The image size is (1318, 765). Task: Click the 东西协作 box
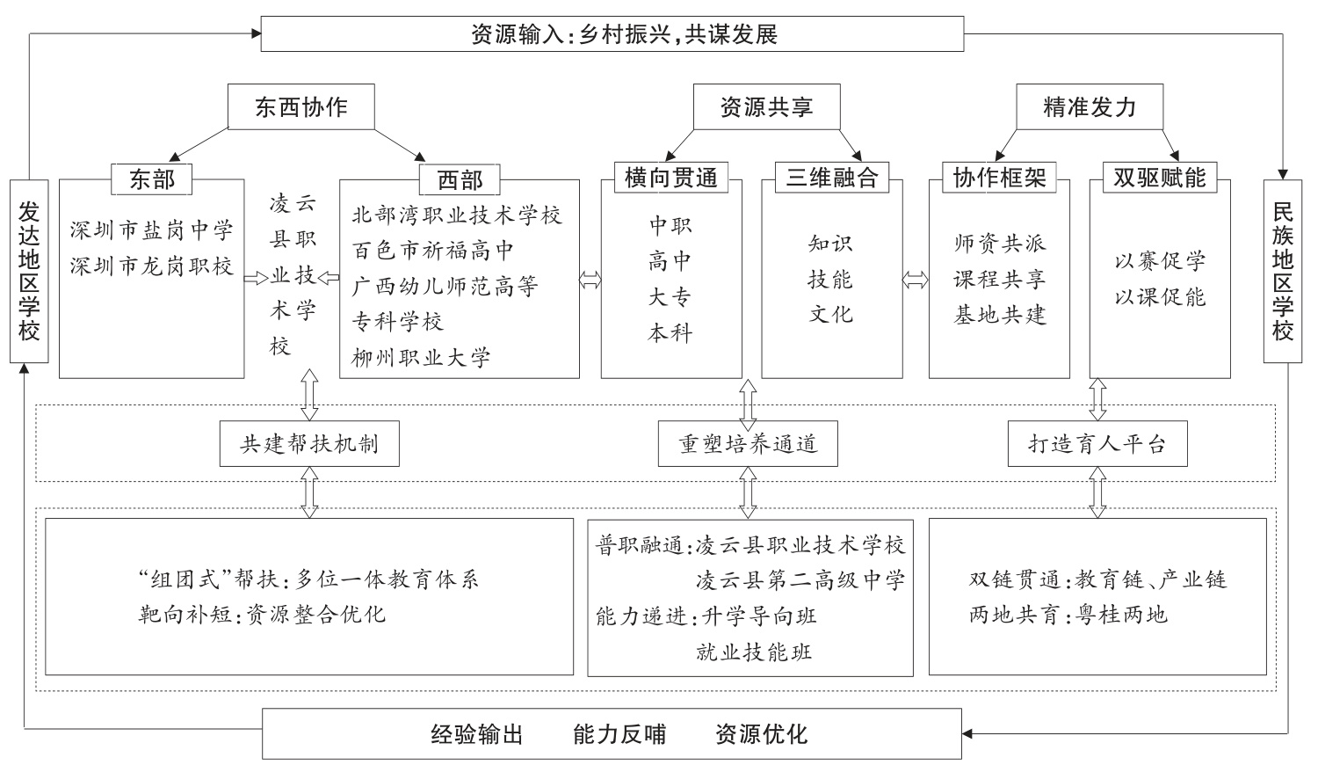(301, 107)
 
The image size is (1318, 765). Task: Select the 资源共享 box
(766, 107)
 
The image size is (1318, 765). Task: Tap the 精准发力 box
(1090, 107)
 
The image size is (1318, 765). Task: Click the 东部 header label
(152, 179)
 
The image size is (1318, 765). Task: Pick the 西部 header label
(460, 180)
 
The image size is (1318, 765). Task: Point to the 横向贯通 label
(671, 178)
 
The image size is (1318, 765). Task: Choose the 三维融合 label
(831, 178)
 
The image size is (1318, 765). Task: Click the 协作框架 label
(1000, 178)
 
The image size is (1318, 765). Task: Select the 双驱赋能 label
(1160, 178)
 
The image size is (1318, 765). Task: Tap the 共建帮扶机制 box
(310, 444)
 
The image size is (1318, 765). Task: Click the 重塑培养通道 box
(748, 444)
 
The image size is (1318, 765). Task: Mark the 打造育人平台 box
(1097, 444)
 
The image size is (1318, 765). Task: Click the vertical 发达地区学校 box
(29, 271)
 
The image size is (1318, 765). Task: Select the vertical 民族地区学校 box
(1283, 271)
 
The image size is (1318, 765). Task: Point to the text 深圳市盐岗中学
(152, 231)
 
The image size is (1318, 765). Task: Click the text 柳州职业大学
(421, 358)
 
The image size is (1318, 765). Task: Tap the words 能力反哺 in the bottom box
(619, 734)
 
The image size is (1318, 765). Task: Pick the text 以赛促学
(1160, 261)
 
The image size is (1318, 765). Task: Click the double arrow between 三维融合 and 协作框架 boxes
(916, 280)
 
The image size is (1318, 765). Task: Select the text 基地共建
(1000, 315)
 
